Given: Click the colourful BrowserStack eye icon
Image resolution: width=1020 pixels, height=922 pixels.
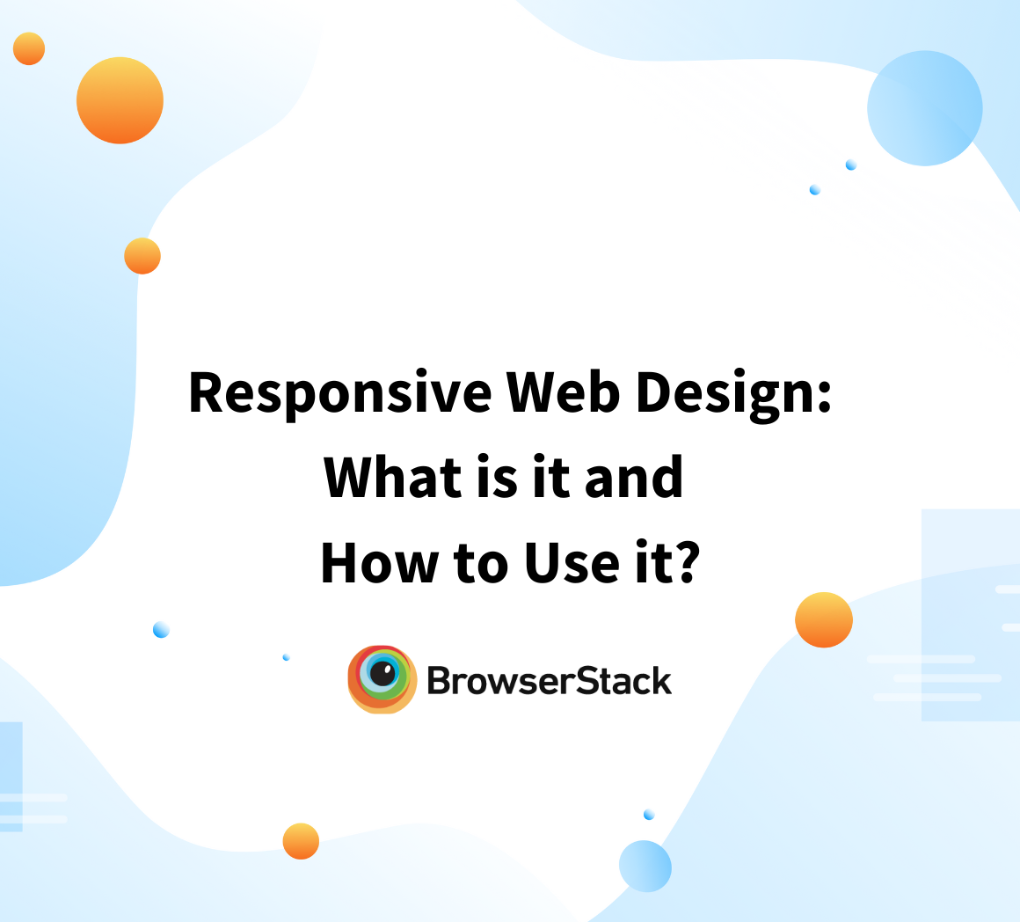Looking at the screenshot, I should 382,678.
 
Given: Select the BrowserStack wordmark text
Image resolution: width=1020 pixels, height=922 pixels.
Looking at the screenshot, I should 549,680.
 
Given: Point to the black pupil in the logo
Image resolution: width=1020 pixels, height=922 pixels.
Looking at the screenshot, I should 382,673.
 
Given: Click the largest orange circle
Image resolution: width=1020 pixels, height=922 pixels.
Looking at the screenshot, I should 120,100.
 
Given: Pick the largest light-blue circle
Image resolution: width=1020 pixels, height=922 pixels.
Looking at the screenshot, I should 924,108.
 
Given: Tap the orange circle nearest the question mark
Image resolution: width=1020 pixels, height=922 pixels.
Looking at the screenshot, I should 824,620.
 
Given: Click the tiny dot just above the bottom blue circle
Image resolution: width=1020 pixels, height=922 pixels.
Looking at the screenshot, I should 649,815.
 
